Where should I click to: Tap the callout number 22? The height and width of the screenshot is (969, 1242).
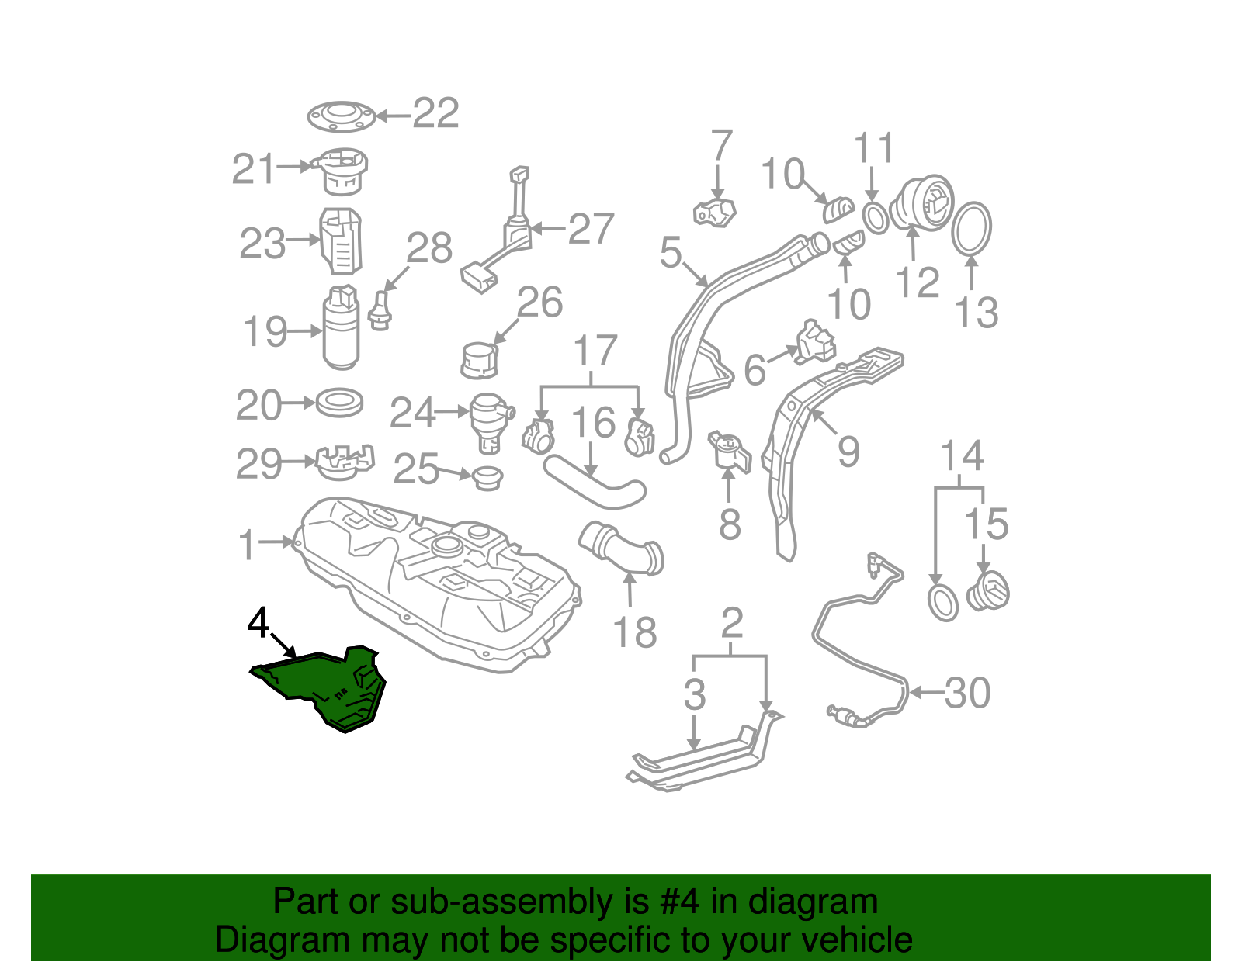tap(435, 113)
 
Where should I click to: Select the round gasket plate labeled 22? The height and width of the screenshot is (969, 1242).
tap(342, 116)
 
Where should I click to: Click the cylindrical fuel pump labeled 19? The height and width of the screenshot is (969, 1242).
tap(342, 327)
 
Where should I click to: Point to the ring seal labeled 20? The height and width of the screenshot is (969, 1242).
tap(339, 403)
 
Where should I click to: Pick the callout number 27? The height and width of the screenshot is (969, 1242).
tap(591, 228)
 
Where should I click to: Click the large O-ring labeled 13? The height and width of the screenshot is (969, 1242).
tap(971, 227)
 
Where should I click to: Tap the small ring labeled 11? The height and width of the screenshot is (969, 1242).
tap(875, 218)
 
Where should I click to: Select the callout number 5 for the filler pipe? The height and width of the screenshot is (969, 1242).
tap(671, 252)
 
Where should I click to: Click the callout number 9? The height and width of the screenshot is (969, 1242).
tap(848, 452)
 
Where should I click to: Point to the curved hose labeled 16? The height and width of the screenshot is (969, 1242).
tap(595, 482)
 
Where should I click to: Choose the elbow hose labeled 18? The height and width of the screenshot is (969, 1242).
tap(623, 548)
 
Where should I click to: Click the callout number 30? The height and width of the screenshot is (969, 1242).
tap(967, 694)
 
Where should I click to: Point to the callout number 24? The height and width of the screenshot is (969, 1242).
tap(412, 412)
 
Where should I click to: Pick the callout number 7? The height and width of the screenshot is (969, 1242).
tap(721, 145)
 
